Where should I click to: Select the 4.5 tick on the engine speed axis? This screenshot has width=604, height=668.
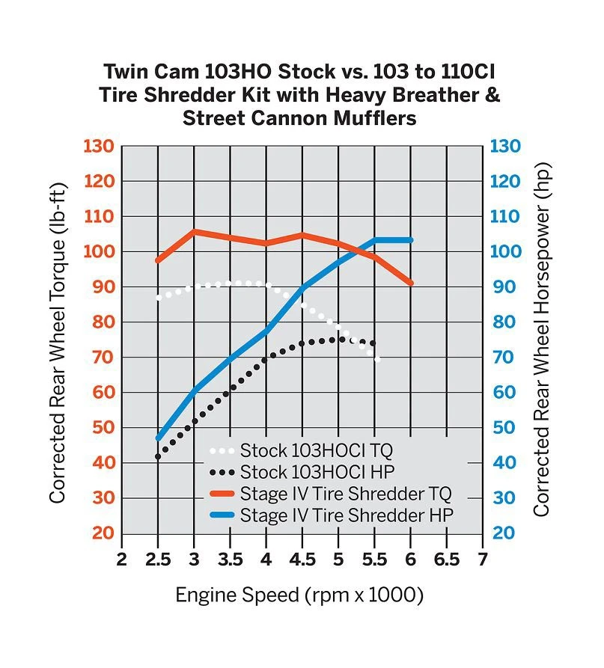302,560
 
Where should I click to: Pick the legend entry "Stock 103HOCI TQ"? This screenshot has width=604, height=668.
316,450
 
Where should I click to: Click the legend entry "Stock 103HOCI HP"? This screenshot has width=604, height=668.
316,472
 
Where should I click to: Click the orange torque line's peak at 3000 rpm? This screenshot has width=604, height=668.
194,232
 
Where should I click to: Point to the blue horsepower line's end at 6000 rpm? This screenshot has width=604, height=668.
410,240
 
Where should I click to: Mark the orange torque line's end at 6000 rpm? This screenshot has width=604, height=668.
410,283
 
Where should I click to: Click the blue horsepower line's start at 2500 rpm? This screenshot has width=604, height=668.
159,438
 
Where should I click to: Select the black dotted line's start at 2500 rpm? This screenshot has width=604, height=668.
158,456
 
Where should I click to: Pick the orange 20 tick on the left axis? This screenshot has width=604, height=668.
103,533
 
